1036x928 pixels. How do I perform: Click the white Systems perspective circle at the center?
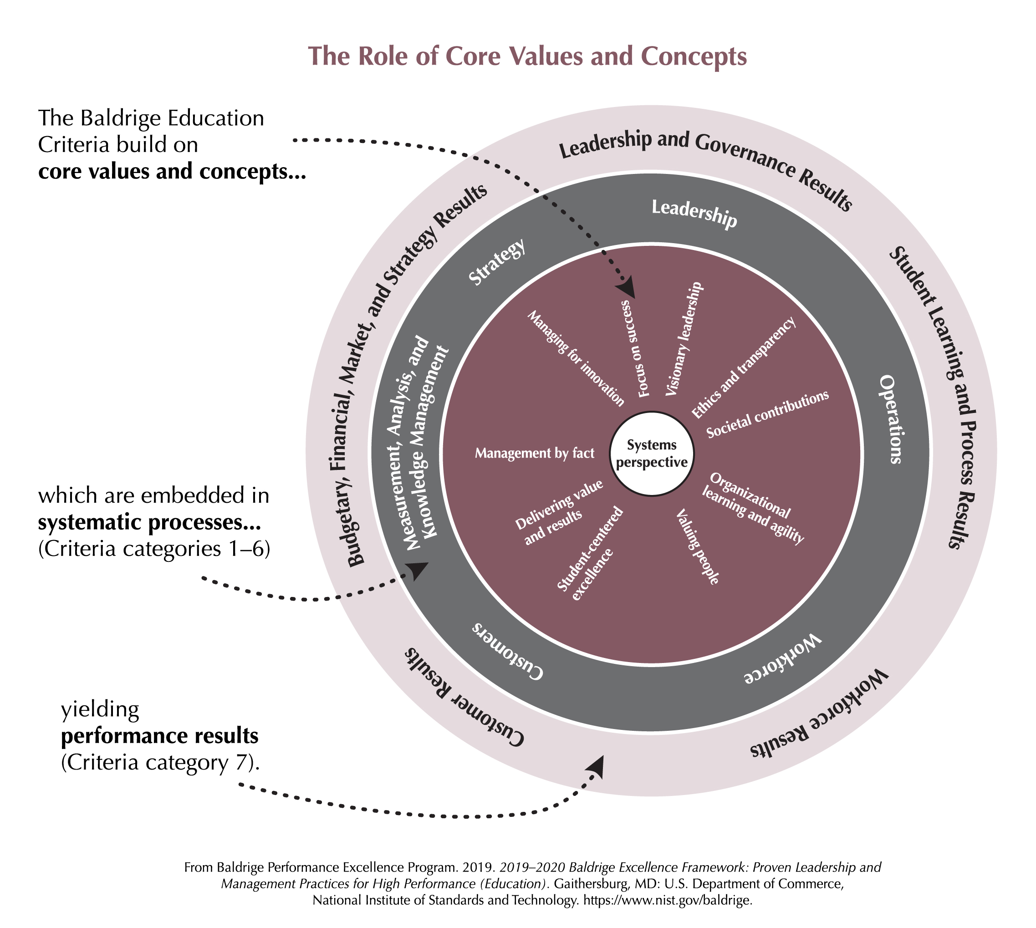(651, 453)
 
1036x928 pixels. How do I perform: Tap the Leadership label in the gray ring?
(694, 213)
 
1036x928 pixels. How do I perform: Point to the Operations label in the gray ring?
(891, 419)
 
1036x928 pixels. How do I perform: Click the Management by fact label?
(534, 453)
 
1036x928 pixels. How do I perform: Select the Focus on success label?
(635, 348)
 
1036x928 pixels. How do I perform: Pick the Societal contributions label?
(767, 414)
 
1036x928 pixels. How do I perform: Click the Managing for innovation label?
(576, 358)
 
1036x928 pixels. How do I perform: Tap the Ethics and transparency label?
(743, 367)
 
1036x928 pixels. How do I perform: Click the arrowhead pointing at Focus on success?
(627, 288)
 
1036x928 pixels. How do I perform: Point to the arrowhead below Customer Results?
(596, 766)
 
